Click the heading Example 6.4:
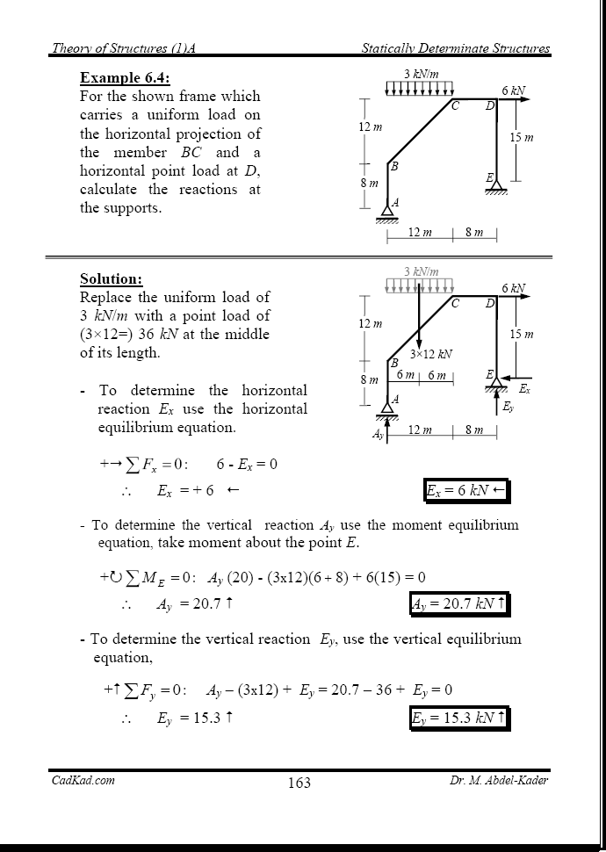[x=125, y=77]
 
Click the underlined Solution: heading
[x=111, y=279]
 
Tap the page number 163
[x=299, y=783]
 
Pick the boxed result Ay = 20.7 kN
[x=458, y=604]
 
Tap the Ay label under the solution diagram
[x=378, y=434]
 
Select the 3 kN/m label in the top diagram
[x=421, y=74]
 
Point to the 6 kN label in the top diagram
[x=514, y=90]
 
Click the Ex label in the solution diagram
[x=524, y=387]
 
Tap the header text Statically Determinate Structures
[x=456, y=48]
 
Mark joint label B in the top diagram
[x=394, y=166]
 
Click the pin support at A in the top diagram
[x=386, y=212]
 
